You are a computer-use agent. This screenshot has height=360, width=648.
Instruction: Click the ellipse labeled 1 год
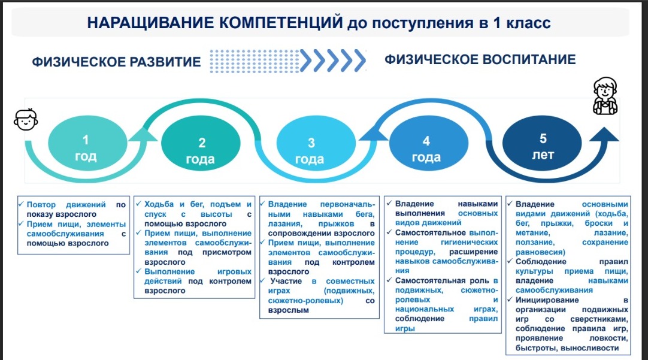click(x=87, y=143)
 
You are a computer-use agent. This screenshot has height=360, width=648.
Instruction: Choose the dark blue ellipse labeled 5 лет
click(x=542, y=143)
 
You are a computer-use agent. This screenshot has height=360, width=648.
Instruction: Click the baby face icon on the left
click(x=26, y=120)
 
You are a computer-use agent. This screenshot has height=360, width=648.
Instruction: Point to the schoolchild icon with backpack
click(x=605, y=96)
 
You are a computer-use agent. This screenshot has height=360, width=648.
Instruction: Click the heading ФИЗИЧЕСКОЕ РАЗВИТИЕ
click(x=116, y=62)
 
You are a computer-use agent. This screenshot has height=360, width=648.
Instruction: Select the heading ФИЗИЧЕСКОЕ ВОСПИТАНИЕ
click(x=480, y=59)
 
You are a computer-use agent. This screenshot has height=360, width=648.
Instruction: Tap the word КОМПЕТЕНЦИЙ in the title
click(x=281, y=22)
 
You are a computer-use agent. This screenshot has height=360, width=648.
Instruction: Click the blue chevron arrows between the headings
click(x=333, y=60)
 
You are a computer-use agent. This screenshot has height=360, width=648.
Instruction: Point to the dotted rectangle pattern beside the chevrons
click(x=254, y=61)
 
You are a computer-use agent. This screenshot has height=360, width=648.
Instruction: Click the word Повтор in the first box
click(x=41, y=205)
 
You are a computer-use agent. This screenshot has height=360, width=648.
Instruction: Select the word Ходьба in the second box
click(x=159, y=204)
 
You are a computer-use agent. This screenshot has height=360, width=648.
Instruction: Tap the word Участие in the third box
click(x=286, y=281)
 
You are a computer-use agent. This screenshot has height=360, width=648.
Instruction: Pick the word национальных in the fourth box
click(x=425, y=309)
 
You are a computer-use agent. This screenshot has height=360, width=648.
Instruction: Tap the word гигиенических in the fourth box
click(x=469, y=242)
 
